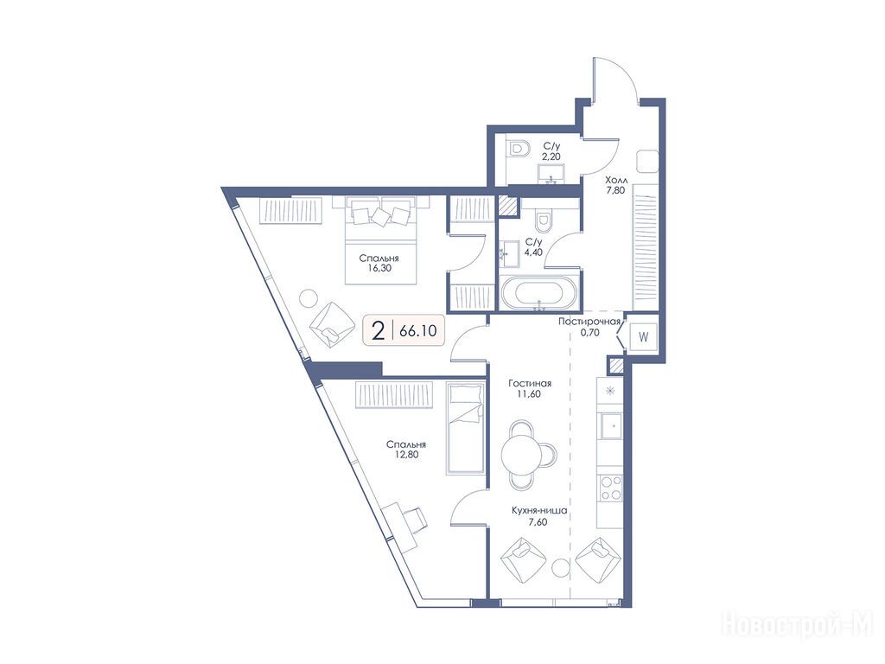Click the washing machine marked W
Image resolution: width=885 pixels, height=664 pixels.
click(x=643, y=337)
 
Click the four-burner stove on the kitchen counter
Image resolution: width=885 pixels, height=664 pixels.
click(x=610, y=488)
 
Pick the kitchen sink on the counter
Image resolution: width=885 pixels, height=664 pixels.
click(x=611, y=425)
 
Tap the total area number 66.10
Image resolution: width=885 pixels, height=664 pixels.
click(x=417, y=331)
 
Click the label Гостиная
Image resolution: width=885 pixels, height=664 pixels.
click(x=530, y=383)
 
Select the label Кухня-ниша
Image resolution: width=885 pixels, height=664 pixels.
click(x=539, y=511)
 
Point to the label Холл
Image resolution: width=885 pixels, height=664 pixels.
click(x=615, y=180)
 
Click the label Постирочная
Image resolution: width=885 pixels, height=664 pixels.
click(x=589, y=322)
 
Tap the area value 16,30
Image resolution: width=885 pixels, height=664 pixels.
click(x=379, y=269)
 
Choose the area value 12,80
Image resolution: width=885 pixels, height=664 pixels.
click(x=406, y=455)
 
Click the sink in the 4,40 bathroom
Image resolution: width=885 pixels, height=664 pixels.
click(x=511, y=254)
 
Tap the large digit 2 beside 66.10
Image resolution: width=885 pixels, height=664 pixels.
click(x=379, y=330)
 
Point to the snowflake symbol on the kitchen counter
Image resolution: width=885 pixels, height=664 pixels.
click(x=609, y=391)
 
